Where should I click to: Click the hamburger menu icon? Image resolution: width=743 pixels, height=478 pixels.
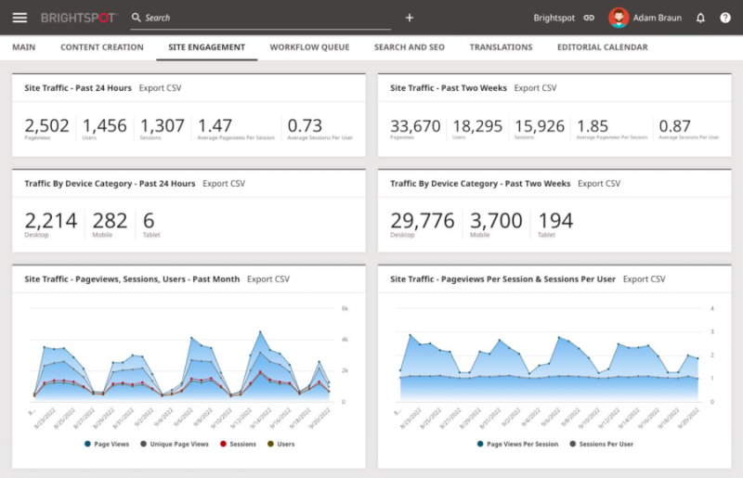click(x=20, y=18)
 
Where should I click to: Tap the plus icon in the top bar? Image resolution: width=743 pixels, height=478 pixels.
click(x=410, y=18)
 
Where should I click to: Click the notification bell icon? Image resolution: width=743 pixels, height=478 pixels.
click(x=700, y=18)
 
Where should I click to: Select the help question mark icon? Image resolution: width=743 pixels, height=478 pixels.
click(x=725, y=18)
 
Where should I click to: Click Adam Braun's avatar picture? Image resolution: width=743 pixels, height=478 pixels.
click(x=618, y=18)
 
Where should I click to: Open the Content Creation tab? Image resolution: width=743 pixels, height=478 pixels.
click(x=102, y=47)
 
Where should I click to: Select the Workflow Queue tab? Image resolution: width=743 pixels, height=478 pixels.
click(x=310, y=47)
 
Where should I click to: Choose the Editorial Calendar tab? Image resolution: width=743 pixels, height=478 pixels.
click(x=602, y=47)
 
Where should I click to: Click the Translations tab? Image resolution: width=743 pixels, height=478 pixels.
click(x=501, y=47)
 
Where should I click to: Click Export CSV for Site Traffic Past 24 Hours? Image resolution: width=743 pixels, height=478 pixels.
click(x=160, y=88)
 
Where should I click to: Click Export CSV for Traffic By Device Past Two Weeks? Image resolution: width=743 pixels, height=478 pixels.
click(x=599, y=184)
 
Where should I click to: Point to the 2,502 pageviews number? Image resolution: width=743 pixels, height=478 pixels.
click(x=47, y=125)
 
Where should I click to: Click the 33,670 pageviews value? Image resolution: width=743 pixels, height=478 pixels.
click(x=415, y=125)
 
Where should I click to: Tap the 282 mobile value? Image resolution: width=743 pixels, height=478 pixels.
click(x=111, y=220)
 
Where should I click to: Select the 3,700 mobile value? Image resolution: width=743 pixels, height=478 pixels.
click(x=497, y=220)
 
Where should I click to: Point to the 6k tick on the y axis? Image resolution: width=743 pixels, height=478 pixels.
click(x=344, y=308)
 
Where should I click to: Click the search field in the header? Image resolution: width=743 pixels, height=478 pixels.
click(x=260, y=18)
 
